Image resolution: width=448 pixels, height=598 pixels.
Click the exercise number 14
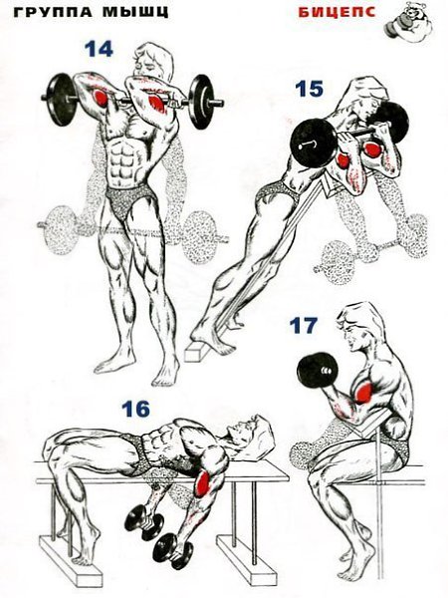[99, 49]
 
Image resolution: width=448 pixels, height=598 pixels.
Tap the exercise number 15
[309, 89]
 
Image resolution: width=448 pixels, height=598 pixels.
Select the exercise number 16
[135, 410]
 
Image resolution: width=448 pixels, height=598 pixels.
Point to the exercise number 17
[304, 325]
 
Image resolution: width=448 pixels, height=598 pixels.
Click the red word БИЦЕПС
[336, 12]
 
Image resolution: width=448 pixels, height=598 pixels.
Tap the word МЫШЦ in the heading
[135, 12]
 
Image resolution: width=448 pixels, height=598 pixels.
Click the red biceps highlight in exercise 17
[363, 392]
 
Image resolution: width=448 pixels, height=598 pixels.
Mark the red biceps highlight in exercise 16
[202, 481]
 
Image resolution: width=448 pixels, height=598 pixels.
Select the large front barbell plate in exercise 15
[314, 144]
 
